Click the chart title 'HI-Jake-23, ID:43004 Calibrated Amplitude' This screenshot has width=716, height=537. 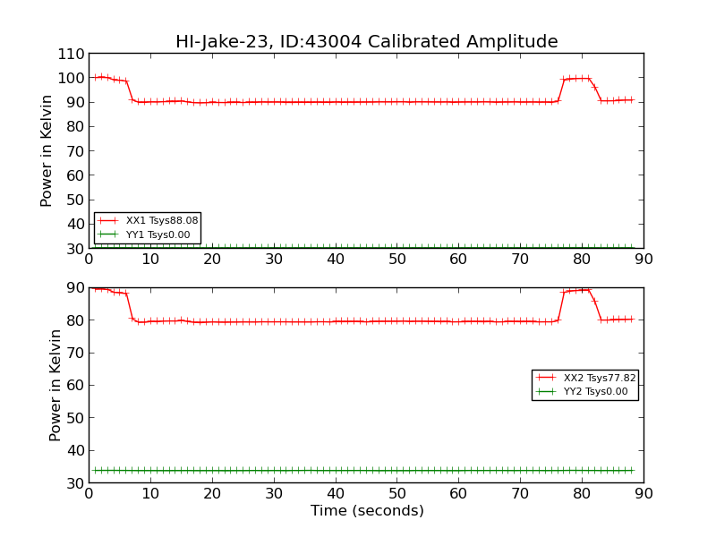[366, 42]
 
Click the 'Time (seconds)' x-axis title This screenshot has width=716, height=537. [367, 511]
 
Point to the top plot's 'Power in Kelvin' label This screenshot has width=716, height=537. [47, 150]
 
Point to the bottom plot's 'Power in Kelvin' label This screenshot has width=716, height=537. [55, 385]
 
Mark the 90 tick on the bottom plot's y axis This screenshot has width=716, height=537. [72, 288]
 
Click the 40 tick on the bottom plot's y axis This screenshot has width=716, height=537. [72, 451]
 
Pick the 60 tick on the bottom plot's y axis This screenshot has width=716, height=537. [72, 386]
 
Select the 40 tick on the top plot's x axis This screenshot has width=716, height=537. [336, 260]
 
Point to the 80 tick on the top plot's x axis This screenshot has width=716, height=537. [582, 260]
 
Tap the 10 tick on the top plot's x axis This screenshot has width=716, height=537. [150, 260]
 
